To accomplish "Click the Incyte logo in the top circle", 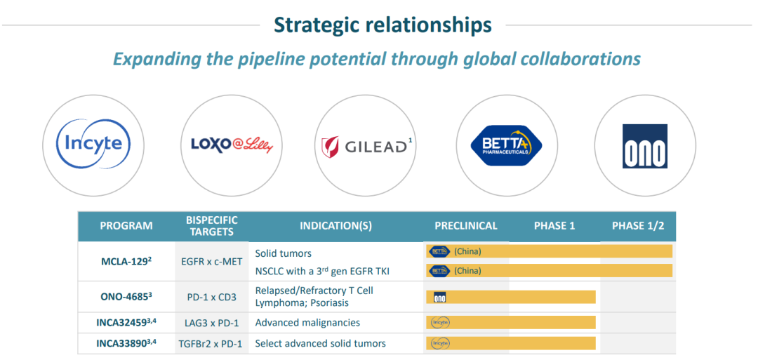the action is pyautogui.click(x=93, y=144).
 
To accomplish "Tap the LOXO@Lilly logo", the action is pyautogui.click(x=232, y=145).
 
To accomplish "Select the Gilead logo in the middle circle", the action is pyautogui.click(x=366, y=146).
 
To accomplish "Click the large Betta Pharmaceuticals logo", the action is pyautogui.click(x=507, y=145).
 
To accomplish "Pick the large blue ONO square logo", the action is pyautogui.click(x=645, y=146).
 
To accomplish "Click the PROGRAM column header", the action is pyautogui.click(x=126, y=226).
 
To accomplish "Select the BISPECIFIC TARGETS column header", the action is pyautogui.click(x=212, y=226).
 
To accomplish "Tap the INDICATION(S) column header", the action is pyautogui.click(x=336, y=226).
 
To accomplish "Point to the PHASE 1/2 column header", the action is pyautogui.click(x=638, y=226).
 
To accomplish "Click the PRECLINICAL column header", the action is pyautogui.click(x=466, y=226).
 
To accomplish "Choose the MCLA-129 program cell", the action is pyautogui.click(x=126, y=262).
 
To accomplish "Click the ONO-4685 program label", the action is pyautogui.click(x=126, y=297).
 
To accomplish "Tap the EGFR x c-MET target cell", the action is pyautogui.click(x=212, y=262).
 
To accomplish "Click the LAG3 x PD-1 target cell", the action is pyautogui.click(x=212, y=322).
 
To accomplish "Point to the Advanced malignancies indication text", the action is pyautogui.click(x=307, y=322).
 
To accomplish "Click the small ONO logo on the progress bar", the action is pyautogui.click(x=440, y=297).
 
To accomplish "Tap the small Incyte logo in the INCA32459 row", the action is pyautogui.click(x=440, y=322).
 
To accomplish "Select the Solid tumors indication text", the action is pyautogui.click(x=284, y=253).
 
